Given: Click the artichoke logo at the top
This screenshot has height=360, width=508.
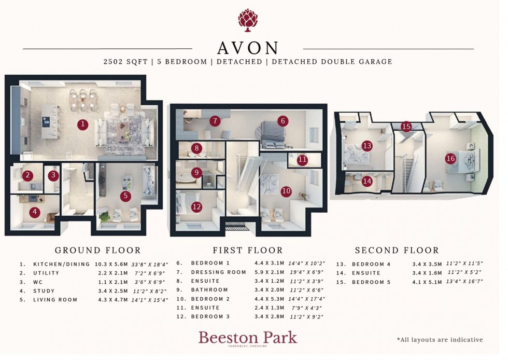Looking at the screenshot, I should tap(248, 20).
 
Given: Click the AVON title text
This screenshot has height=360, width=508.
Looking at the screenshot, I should tap(248, 48).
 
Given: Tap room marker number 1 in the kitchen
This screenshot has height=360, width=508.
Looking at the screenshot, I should tap(82, 124).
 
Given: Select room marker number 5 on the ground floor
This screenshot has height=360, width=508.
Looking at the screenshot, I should tap(125, 196).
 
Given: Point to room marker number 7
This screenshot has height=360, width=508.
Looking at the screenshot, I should tap(215, 121).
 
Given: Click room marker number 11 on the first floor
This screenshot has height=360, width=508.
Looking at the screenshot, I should tap(302, 160).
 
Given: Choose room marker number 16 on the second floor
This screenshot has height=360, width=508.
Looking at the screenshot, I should tap(450, 159).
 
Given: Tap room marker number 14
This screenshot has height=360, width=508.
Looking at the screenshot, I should tap(367, 181).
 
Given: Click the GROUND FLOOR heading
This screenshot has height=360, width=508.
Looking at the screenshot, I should tap(97, 250).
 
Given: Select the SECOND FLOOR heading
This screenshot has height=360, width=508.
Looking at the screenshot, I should tap(397, 250).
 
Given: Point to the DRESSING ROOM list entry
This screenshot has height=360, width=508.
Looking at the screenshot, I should tap(218, 272).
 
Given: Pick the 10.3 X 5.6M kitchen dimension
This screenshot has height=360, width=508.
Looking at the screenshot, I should tap(112, 264).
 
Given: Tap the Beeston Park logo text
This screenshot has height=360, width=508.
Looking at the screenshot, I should tap(248, 338).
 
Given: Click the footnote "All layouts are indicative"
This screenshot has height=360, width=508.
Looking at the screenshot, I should tap(440, 340).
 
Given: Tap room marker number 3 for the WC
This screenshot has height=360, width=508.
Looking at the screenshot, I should tap(53, 176).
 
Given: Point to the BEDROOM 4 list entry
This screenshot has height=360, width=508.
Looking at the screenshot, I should tap(370, 265).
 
